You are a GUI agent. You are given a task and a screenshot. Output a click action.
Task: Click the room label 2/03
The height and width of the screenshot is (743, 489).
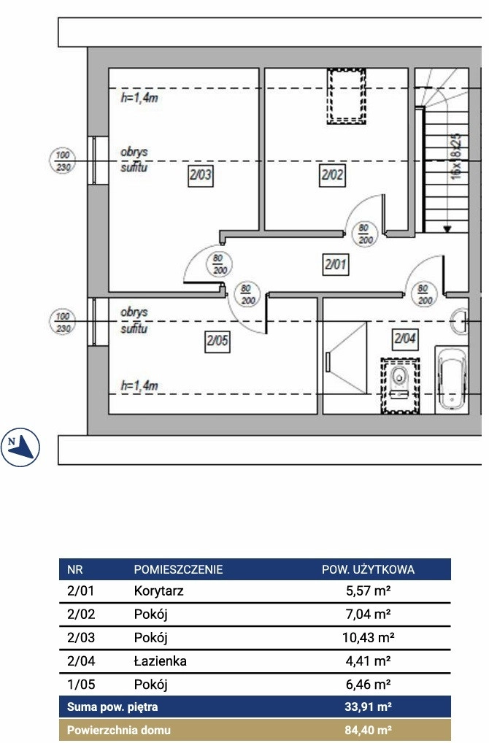[200, 175]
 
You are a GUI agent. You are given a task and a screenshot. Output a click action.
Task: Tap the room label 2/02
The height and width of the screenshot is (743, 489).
[331, 175]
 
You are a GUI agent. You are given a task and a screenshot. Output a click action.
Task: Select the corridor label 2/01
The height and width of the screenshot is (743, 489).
[336, 264]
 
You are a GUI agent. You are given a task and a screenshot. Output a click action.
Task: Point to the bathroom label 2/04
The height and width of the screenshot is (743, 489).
[405, 339]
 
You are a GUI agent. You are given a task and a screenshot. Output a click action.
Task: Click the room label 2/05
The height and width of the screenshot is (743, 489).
[217, 341]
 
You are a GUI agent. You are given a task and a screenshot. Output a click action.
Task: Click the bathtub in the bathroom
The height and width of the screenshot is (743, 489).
[451, 380]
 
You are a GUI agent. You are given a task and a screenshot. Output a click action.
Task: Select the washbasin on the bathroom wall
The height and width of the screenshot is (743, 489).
[459, 321]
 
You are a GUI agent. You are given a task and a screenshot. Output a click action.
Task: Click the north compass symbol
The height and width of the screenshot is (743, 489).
[20, 447]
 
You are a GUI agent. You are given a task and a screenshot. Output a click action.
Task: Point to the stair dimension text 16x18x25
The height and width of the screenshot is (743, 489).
[456, 156]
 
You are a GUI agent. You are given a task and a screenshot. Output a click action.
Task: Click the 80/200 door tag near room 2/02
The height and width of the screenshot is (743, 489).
[366, 234]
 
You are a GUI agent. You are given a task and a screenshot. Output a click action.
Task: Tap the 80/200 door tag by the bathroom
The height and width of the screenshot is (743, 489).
[424, 295]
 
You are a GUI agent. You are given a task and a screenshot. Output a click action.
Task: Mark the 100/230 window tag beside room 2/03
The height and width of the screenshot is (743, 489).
[63, 161]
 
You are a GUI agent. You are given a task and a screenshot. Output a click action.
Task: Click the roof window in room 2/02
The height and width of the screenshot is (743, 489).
[347, 96]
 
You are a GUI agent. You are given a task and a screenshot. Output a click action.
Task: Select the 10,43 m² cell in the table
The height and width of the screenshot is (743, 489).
[368, 637]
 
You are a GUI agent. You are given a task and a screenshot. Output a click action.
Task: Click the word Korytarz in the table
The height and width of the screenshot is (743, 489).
[158, 591]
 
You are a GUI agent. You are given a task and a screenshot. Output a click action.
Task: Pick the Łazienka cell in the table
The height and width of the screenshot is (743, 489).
[160, 661]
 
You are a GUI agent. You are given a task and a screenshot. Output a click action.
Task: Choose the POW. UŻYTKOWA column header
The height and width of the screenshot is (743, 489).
[368, 569]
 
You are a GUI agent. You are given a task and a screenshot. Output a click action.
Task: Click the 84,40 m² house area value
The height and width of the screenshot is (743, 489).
[368, 730]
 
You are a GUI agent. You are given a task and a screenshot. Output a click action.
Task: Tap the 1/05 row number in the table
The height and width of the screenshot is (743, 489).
[81, 684]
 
